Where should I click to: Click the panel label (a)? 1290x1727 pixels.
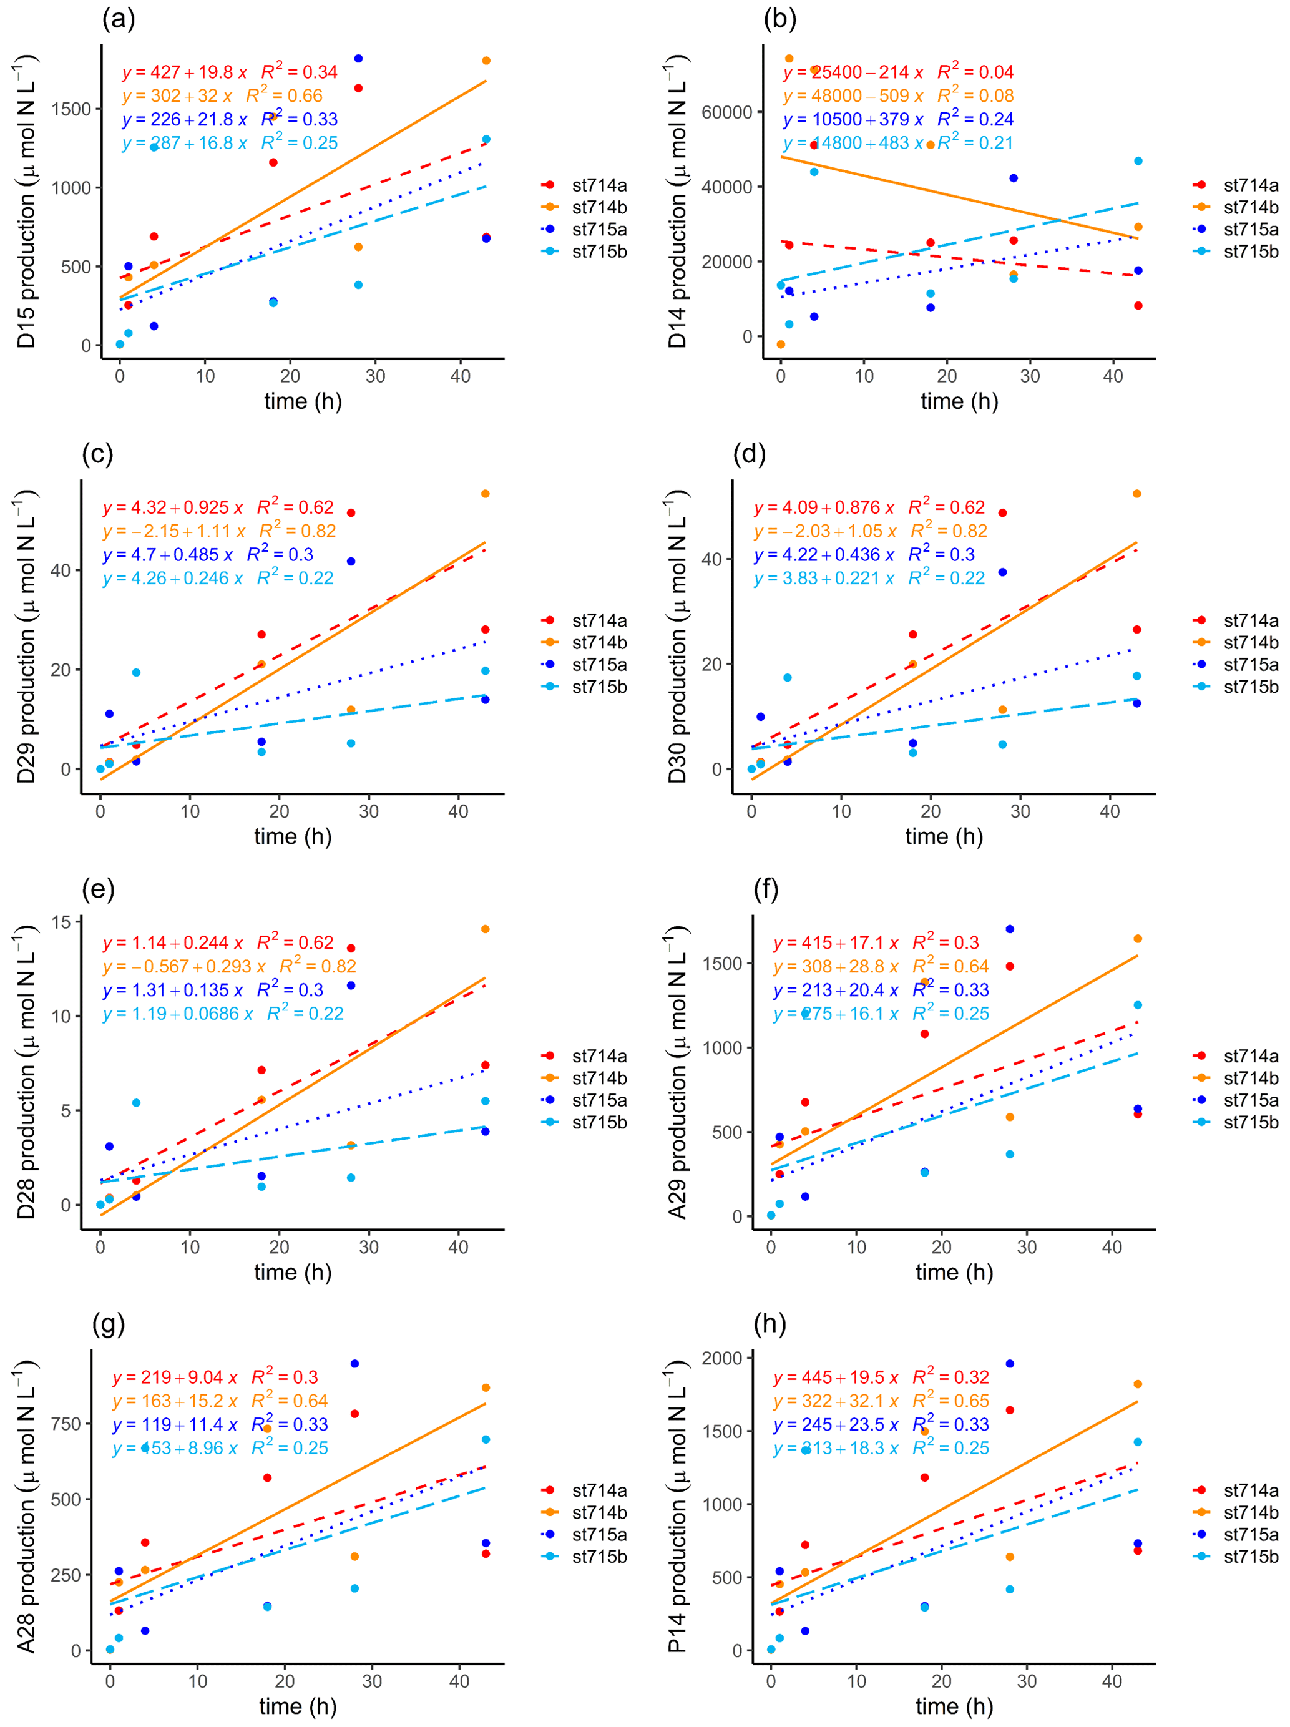click(119, 19)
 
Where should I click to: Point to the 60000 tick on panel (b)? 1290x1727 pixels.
click(726, 112)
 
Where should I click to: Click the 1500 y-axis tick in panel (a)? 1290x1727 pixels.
click(71, 109)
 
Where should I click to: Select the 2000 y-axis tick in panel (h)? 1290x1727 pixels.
click(721, 1358)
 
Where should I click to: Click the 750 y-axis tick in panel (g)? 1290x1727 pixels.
click(66, 1424)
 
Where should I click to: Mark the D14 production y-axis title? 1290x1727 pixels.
click(677, 202)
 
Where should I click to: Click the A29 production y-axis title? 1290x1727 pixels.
click(677, 1072)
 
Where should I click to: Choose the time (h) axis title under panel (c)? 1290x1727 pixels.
click(293, 837)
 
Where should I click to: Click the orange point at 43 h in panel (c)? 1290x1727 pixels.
click(485, 494)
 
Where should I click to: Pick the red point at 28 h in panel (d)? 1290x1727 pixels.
click(1003, 513)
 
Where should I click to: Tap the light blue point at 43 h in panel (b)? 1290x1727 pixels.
click(1138, 161)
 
